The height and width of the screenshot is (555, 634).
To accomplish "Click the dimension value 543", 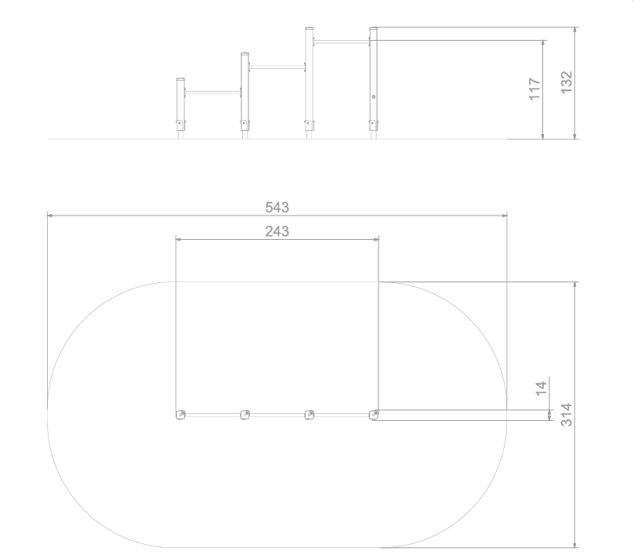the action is [x=277, y=207].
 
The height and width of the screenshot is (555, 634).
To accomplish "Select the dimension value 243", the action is [x=277, y=231].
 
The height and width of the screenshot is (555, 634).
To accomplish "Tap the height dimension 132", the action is [x=567, y=82].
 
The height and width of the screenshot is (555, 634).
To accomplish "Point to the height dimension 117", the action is [x=534, y=89].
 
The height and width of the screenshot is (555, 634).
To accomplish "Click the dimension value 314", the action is [x=567, y=415].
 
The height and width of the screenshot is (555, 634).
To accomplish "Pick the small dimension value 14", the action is [x=541, y=388].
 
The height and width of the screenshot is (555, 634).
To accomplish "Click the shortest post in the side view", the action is [x=180, y=108].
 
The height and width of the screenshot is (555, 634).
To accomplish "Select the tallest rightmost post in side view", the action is [x=374, y=83].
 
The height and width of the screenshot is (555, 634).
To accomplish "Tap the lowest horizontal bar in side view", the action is [x=212, y=92].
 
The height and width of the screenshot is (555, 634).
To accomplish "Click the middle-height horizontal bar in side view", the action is [x=277, y=67].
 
